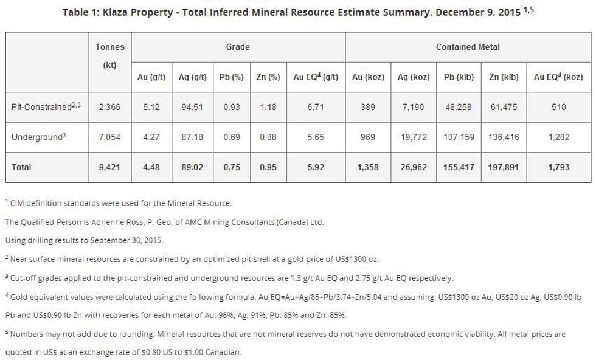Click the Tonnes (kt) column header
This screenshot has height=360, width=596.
110,55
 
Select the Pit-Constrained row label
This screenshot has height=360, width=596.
46,107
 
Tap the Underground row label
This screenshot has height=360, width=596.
38,137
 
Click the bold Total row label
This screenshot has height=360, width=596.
21,167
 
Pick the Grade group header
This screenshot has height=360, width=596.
238,47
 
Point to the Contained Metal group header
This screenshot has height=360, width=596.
468,47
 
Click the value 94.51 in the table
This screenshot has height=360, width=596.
192,107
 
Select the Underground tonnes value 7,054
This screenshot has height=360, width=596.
110,137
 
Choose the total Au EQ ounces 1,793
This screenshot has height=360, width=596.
558,167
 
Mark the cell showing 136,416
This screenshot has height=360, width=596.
504,137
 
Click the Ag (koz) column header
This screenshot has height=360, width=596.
414,77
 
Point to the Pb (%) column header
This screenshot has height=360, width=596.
231,77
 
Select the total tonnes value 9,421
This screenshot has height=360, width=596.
110,167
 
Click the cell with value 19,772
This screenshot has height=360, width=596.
414,137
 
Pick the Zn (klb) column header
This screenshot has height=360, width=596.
504,77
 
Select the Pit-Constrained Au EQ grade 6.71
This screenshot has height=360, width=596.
316,107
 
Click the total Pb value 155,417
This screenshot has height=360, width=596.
459,167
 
